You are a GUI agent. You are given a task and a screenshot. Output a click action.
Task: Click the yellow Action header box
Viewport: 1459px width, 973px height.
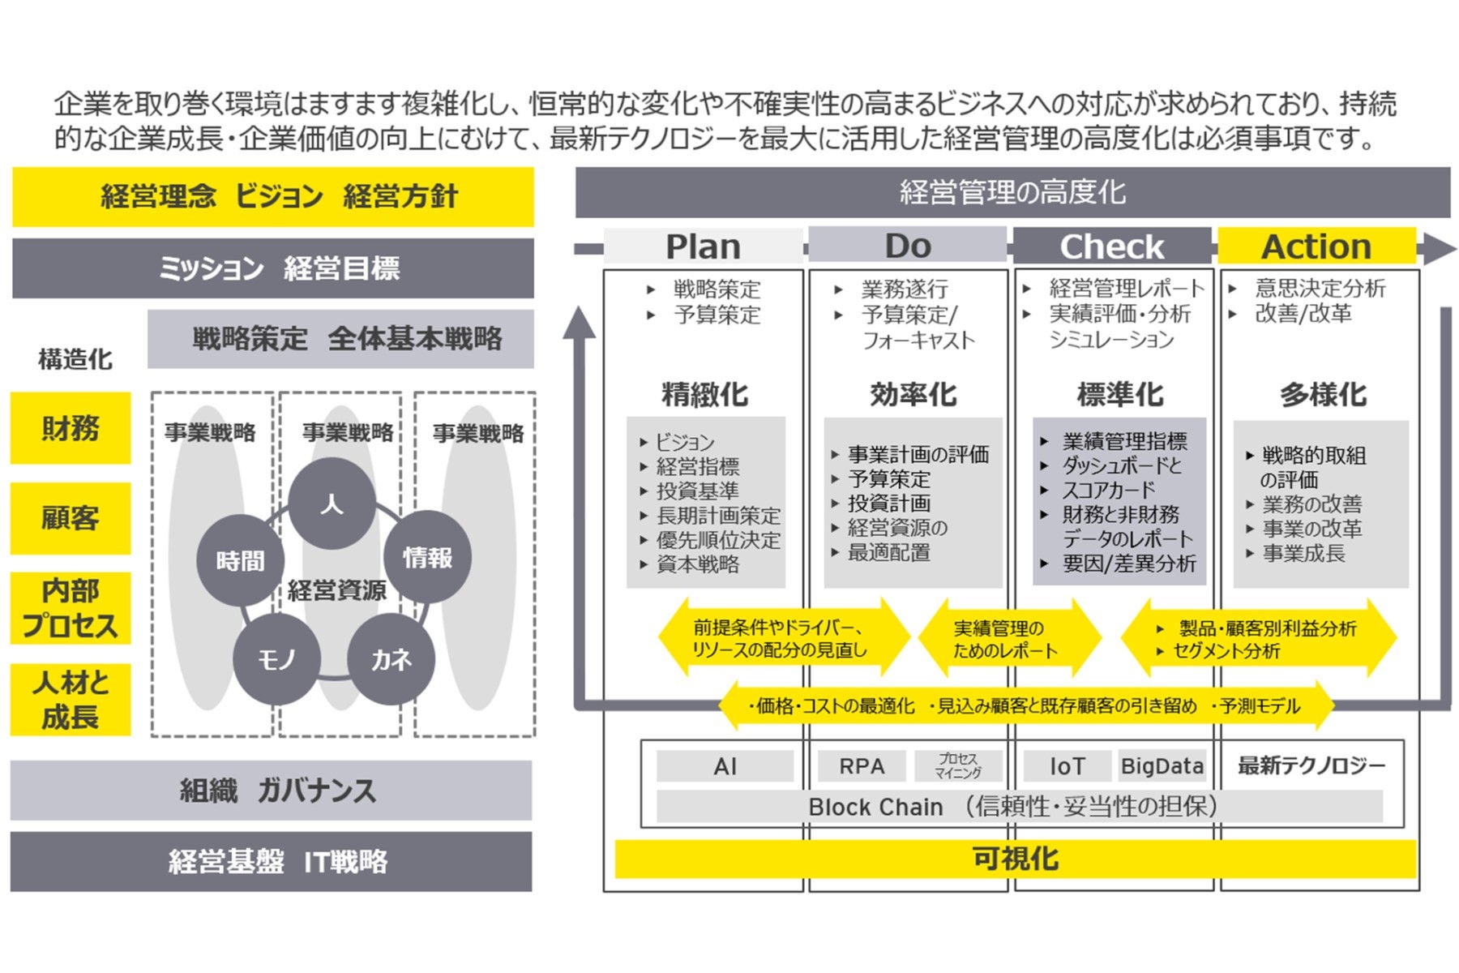(x=1316, y=246)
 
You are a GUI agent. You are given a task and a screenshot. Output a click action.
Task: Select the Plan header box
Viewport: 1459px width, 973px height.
(x=703, y=246)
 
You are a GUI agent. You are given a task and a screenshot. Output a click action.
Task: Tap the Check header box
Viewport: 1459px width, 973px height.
(x=1111, y=246)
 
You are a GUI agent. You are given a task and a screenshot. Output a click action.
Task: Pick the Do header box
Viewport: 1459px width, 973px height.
(x=907, y=245)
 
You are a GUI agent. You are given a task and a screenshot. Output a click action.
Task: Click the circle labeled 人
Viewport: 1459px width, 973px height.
(x=332, y=504)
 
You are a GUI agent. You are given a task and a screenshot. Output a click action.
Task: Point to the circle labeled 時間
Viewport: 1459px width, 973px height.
(x=240, y=560)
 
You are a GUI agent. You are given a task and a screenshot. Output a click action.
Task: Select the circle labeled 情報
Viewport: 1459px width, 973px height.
(x=427, y=557)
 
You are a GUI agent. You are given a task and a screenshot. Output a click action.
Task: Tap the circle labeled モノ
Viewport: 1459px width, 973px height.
(x=276, y=660)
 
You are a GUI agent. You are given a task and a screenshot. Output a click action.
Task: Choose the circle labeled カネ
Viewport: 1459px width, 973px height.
(x=391, y=660)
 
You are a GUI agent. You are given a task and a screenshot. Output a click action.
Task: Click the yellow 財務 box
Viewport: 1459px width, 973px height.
(x=71, y=428)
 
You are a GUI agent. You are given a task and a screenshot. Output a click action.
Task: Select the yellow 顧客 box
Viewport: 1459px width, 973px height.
(x=71, y=518)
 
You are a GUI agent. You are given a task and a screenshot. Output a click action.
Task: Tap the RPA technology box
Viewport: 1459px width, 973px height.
(x=861, y=766)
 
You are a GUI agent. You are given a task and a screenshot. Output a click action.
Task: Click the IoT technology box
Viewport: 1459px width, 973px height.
(x=1067, y=766)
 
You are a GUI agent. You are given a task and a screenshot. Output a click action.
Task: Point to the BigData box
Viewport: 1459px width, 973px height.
(x=1162, y=766)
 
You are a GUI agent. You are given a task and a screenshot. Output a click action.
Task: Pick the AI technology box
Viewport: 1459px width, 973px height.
(x=725, y=766)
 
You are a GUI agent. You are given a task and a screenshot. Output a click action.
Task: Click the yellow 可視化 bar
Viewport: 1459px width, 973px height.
(x=1015, y=859)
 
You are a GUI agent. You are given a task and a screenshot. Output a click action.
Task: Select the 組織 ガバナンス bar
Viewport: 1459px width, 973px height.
(x=272, y=791)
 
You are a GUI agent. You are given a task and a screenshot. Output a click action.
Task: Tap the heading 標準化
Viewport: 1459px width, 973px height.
(x=1119, y=395)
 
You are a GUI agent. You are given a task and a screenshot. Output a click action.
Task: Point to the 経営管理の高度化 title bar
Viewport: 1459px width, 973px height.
(x=1012, y=193)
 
